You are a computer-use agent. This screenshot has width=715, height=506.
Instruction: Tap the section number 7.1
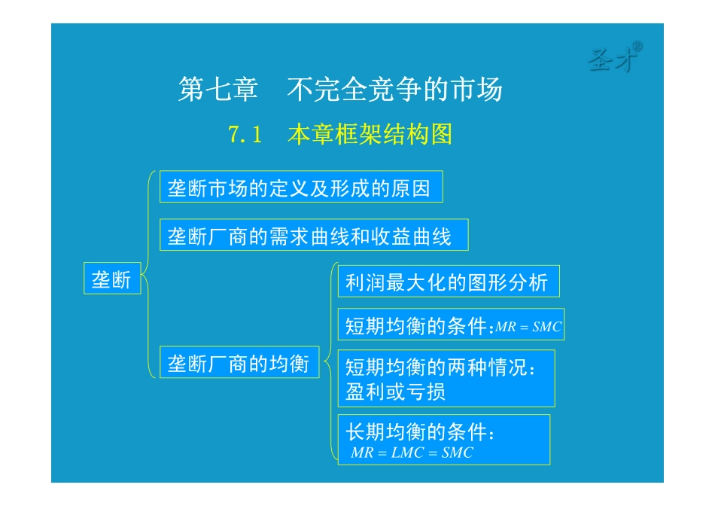click(245, 135)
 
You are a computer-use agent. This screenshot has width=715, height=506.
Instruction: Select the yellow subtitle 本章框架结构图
click(370, 135)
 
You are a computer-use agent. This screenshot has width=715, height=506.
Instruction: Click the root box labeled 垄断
click(111, 280)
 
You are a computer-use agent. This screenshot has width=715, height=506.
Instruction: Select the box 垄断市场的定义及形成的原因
click(300, 187)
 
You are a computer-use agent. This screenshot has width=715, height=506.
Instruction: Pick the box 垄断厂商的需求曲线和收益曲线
click(313, 236)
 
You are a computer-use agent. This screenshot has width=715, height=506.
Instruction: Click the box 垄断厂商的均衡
click(239, 364)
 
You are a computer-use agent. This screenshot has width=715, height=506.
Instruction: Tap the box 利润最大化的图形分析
click(447, 283)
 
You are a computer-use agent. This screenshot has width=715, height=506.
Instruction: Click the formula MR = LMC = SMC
click(412, 453)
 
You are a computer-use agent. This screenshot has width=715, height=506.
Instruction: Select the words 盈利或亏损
click(395, 392)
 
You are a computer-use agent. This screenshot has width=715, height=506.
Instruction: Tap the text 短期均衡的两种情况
click(440, 368)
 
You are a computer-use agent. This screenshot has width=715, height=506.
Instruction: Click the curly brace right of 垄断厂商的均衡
click(327, 364)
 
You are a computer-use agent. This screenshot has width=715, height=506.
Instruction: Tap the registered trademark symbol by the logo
click(637, 46)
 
